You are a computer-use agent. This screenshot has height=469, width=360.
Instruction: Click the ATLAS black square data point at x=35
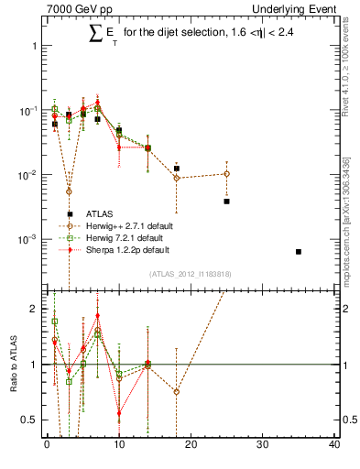(299, 251)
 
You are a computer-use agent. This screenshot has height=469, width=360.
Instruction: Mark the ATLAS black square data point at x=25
(226, 201)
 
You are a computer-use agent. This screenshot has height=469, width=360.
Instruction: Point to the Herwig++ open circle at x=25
(226, 173)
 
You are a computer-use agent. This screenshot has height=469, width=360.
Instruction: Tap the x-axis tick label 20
(191, 445)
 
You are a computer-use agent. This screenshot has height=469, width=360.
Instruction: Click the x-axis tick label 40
(334, 445)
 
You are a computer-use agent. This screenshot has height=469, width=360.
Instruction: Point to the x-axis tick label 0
(47, 445)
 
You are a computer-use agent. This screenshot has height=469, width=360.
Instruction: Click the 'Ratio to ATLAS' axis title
(12, 364)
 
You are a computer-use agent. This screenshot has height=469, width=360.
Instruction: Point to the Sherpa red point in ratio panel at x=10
(119, 412)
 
